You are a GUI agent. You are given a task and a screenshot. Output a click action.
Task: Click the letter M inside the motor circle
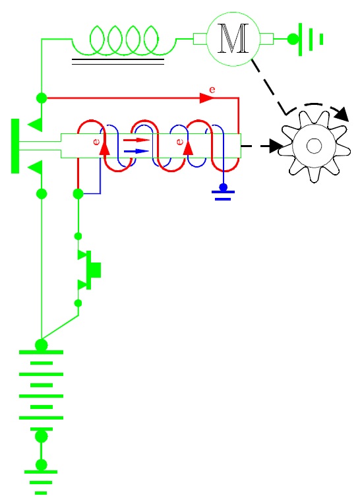(x=233, y=38)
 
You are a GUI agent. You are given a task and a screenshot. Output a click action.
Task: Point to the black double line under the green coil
(x=118, y=61)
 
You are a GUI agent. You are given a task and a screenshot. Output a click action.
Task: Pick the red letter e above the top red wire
(x=212, y=90)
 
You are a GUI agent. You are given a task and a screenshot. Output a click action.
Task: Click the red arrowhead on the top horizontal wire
(x=206, y=98)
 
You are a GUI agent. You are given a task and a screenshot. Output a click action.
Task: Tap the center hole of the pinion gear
(x=314, y=146)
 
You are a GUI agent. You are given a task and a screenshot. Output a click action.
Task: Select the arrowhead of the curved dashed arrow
(x=342, y=113)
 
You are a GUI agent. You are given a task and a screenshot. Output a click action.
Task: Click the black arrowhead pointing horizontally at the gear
(x=276, y=146)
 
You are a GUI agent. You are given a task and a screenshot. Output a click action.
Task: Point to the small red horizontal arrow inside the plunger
(x=136, y=140)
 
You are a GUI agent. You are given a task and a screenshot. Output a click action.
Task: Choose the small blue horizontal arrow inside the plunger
(x=136, y=151)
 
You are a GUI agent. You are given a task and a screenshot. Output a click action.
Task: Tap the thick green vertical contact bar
(x=15, y=146)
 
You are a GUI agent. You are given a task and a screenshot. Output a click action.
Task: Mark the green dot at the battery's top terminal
(x=41, y=346)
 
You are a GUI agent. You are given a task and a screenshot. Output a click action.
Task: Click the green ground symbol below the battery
(x=41, y=482)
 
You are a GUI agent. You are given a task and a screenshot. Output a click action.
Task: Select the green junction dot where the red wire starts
(x=42, y=98)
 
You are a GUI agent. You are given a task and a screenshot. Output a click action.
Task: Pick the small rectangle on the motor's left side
(x=200, y=39)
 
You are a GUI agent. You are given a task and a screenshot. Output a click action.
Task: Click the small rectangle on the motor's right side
(x=266, y=39)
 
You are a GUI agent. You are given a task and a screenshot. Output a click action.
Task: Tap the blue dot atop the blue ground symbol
(x=224, y=187)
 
